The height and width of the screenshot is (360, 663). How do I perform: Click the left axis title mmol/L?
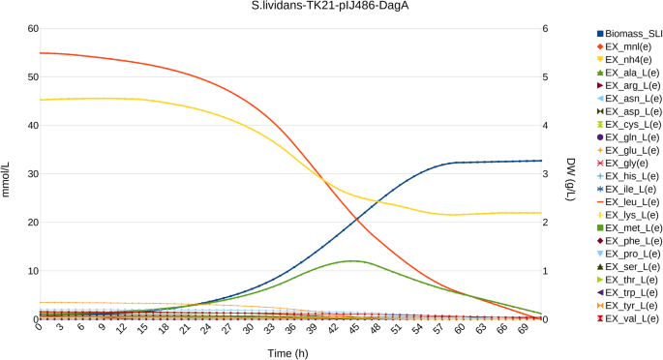pos(9,174)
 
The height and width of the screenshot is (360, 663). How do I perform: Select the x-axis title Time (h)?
pos(289,353)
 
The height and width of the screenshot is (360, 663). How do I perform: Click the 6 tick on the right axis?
pos(547,29)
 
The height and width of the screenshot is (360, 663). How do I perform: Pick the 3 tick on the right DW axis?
pos(547,174)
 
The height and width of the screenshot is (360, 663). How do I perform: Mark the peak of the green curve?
pos(354,260)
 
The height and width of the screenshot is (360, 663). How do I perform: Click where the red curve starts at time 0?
pos(39,53)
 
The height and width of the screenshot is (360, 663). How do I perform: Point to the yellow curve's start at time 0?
pos(39,100)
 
